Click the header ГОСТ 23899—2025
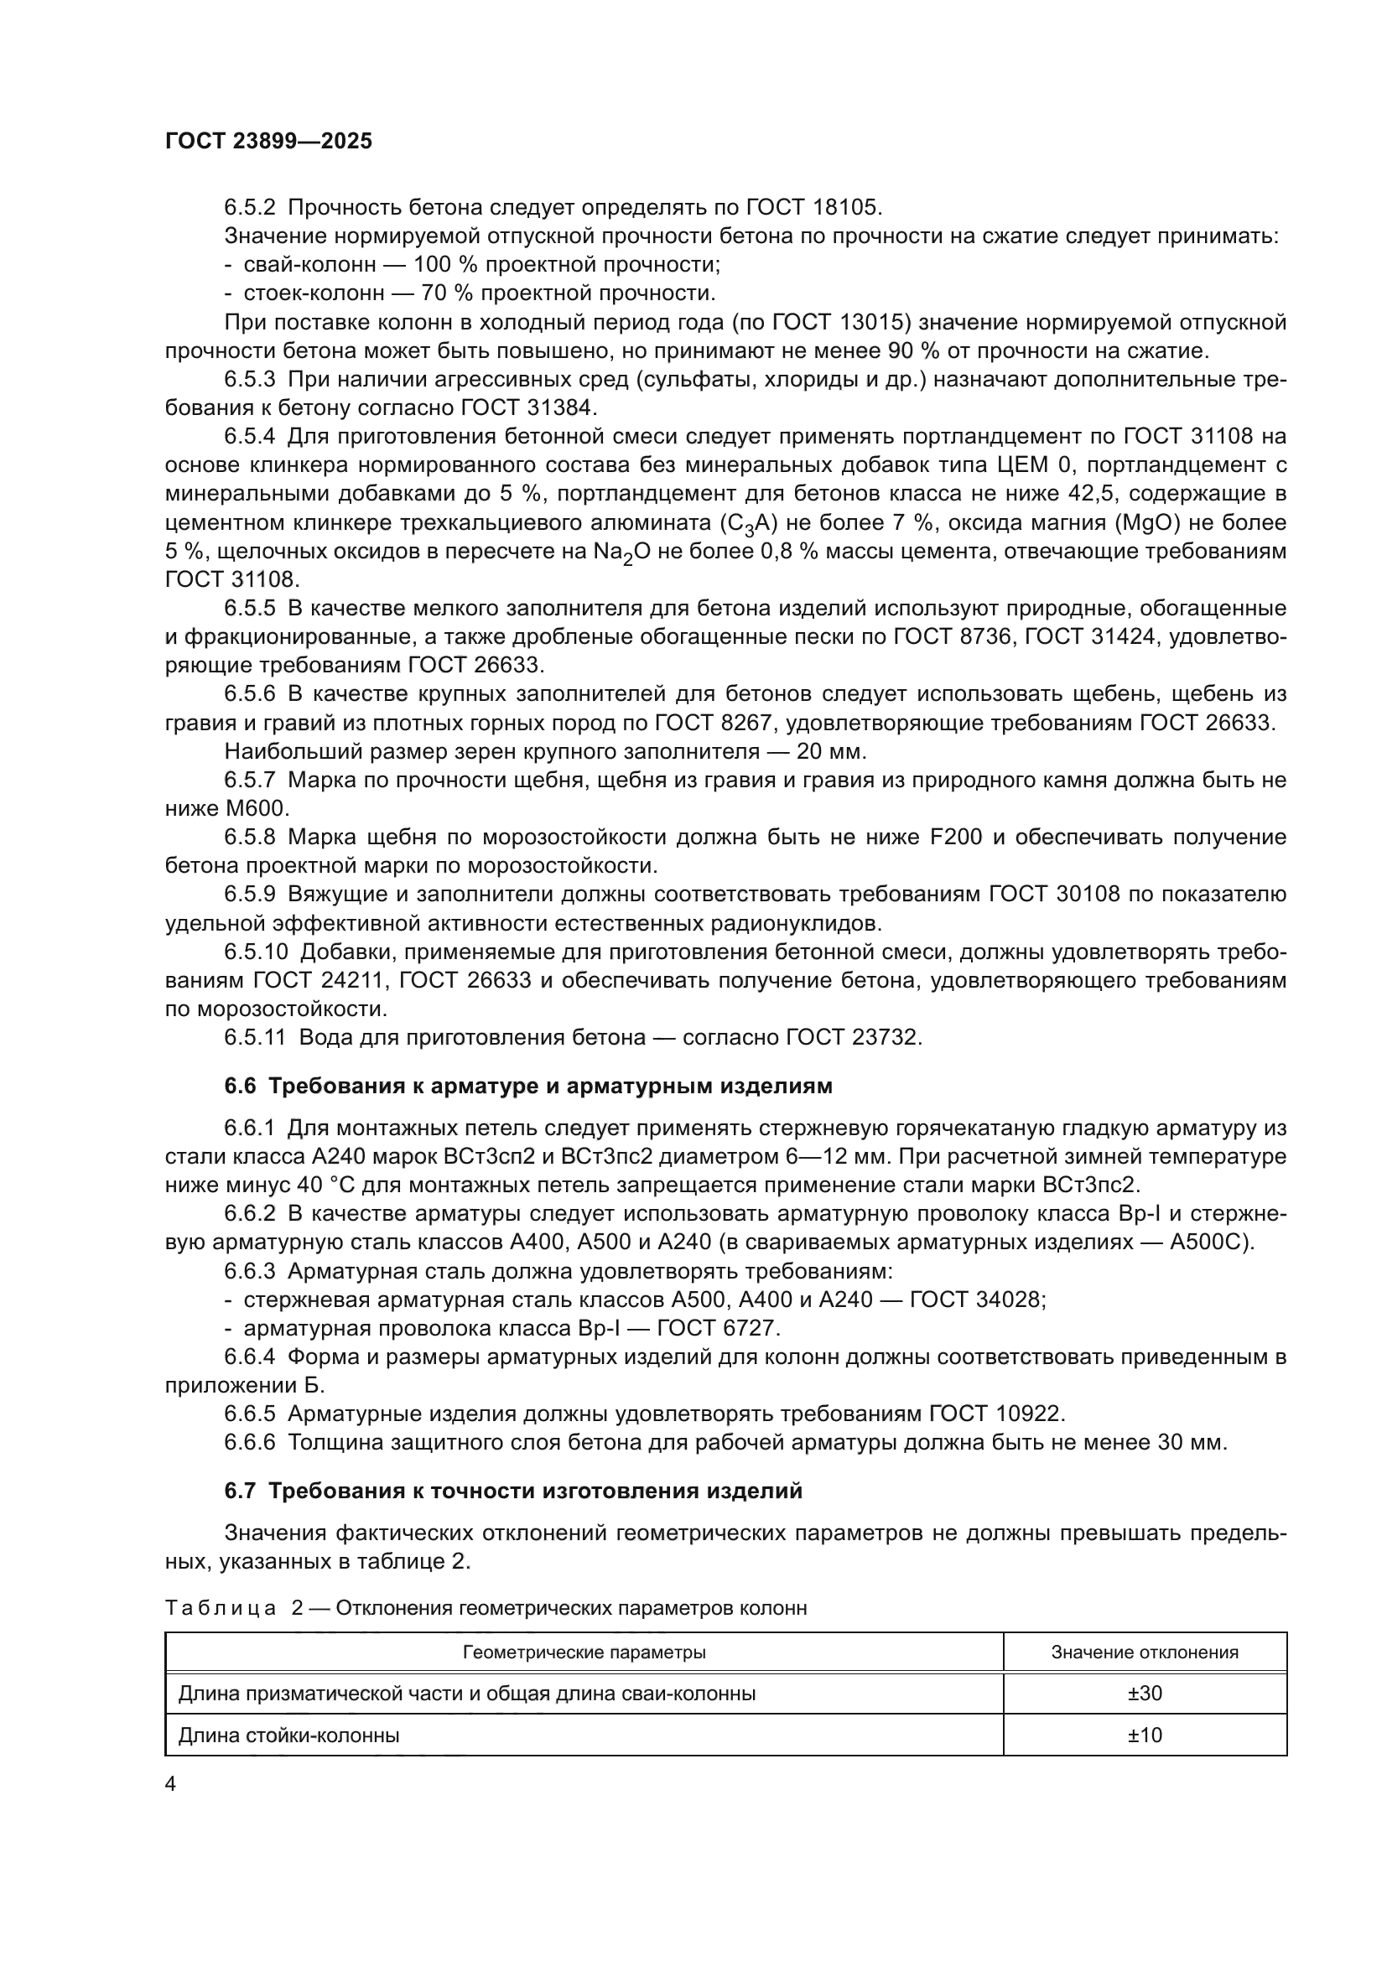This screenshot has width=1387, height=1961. [268, 142]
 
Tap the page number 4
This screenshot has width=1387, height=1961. [170, 1784]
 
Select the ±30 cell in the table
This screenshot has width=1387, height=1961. [1145, 1693]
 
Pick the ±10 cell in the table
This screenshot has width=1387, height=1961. [1145, 1735]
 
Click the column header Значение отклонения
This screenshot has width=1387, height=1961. [1145, 1652]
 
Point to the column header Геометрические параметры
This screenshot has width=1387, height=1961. [584, 1652]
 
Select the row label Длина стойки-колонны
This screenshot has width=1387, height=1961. [288, 1735]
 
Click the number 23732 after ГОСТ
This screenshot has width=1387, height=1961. [886, 1038]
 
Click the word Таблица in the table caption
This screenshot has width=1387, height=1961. [221, 1609]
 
